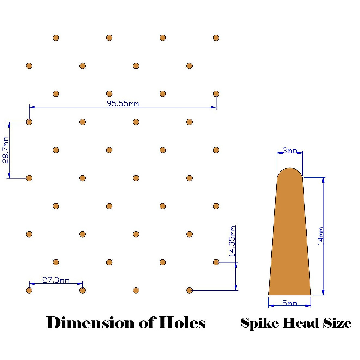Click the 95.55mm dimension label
(123, 103)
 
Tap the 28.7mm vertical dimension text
(5, 150)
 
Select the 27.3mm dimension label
(56, 280)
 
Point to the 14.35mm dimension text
(232, 241)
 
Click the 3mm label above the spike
(290, 150)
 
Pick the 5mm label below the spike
(289, 303)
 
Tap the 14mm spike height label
(321, 236)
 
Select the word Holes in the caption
(182, 323)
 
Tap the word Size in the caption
(337, 323)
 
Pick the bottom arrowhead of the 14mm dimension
(323, 292)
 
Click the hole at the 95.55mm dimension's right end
(216, 94)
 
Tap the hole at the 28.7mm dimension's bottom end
(29, 178)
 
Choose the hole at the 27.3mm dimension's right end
(82, 290)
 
